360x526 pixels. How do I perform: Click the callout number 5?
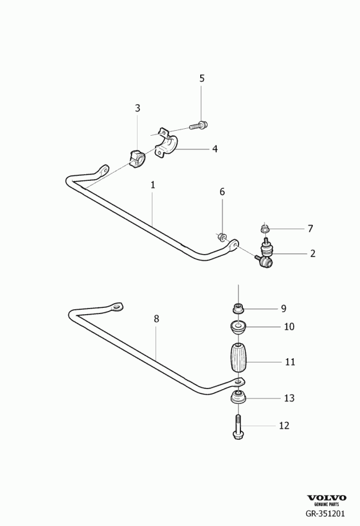201,79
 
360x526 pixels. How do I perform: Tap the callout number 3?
138,108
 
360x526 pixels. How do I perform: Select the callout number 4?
215,149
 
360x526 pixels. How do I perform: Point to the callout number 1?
152,185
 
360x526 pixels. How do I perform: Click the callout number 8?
156,318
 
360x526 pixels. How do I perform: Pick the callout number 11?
290,362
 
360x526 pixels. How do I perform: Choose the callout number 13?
289,398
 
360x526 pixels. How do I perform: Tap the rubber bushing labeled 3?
136,159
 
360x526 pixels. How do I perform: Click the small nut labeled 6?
221,237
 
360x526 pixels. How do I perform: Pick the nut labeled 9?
238,308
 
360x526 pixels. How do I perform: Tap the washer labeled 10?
238,327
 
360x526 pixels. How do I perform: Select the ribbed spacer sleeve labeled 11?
238,357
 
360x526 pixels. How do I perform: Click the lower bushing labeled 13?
238,398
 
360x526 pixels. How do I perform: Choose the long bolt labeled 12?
238,427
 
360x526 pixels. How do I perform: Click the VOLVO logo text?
327,498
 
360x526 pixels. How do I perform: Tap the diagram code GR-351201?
325,513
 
